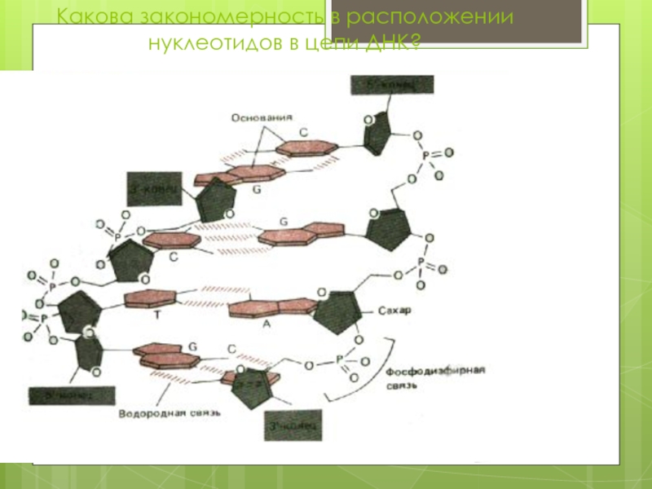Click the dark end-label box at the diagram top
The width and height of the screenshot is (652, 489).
click(393, 86)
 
